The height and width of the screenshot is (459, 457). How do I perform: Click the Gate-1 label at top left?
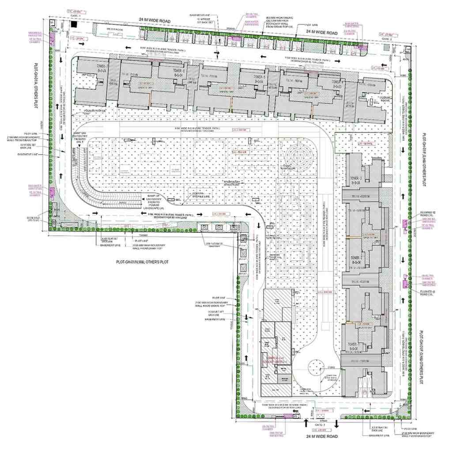coord(74,15)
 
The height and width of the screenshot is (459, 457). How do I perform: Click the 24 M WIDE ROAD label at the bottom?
coord(321,436)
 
